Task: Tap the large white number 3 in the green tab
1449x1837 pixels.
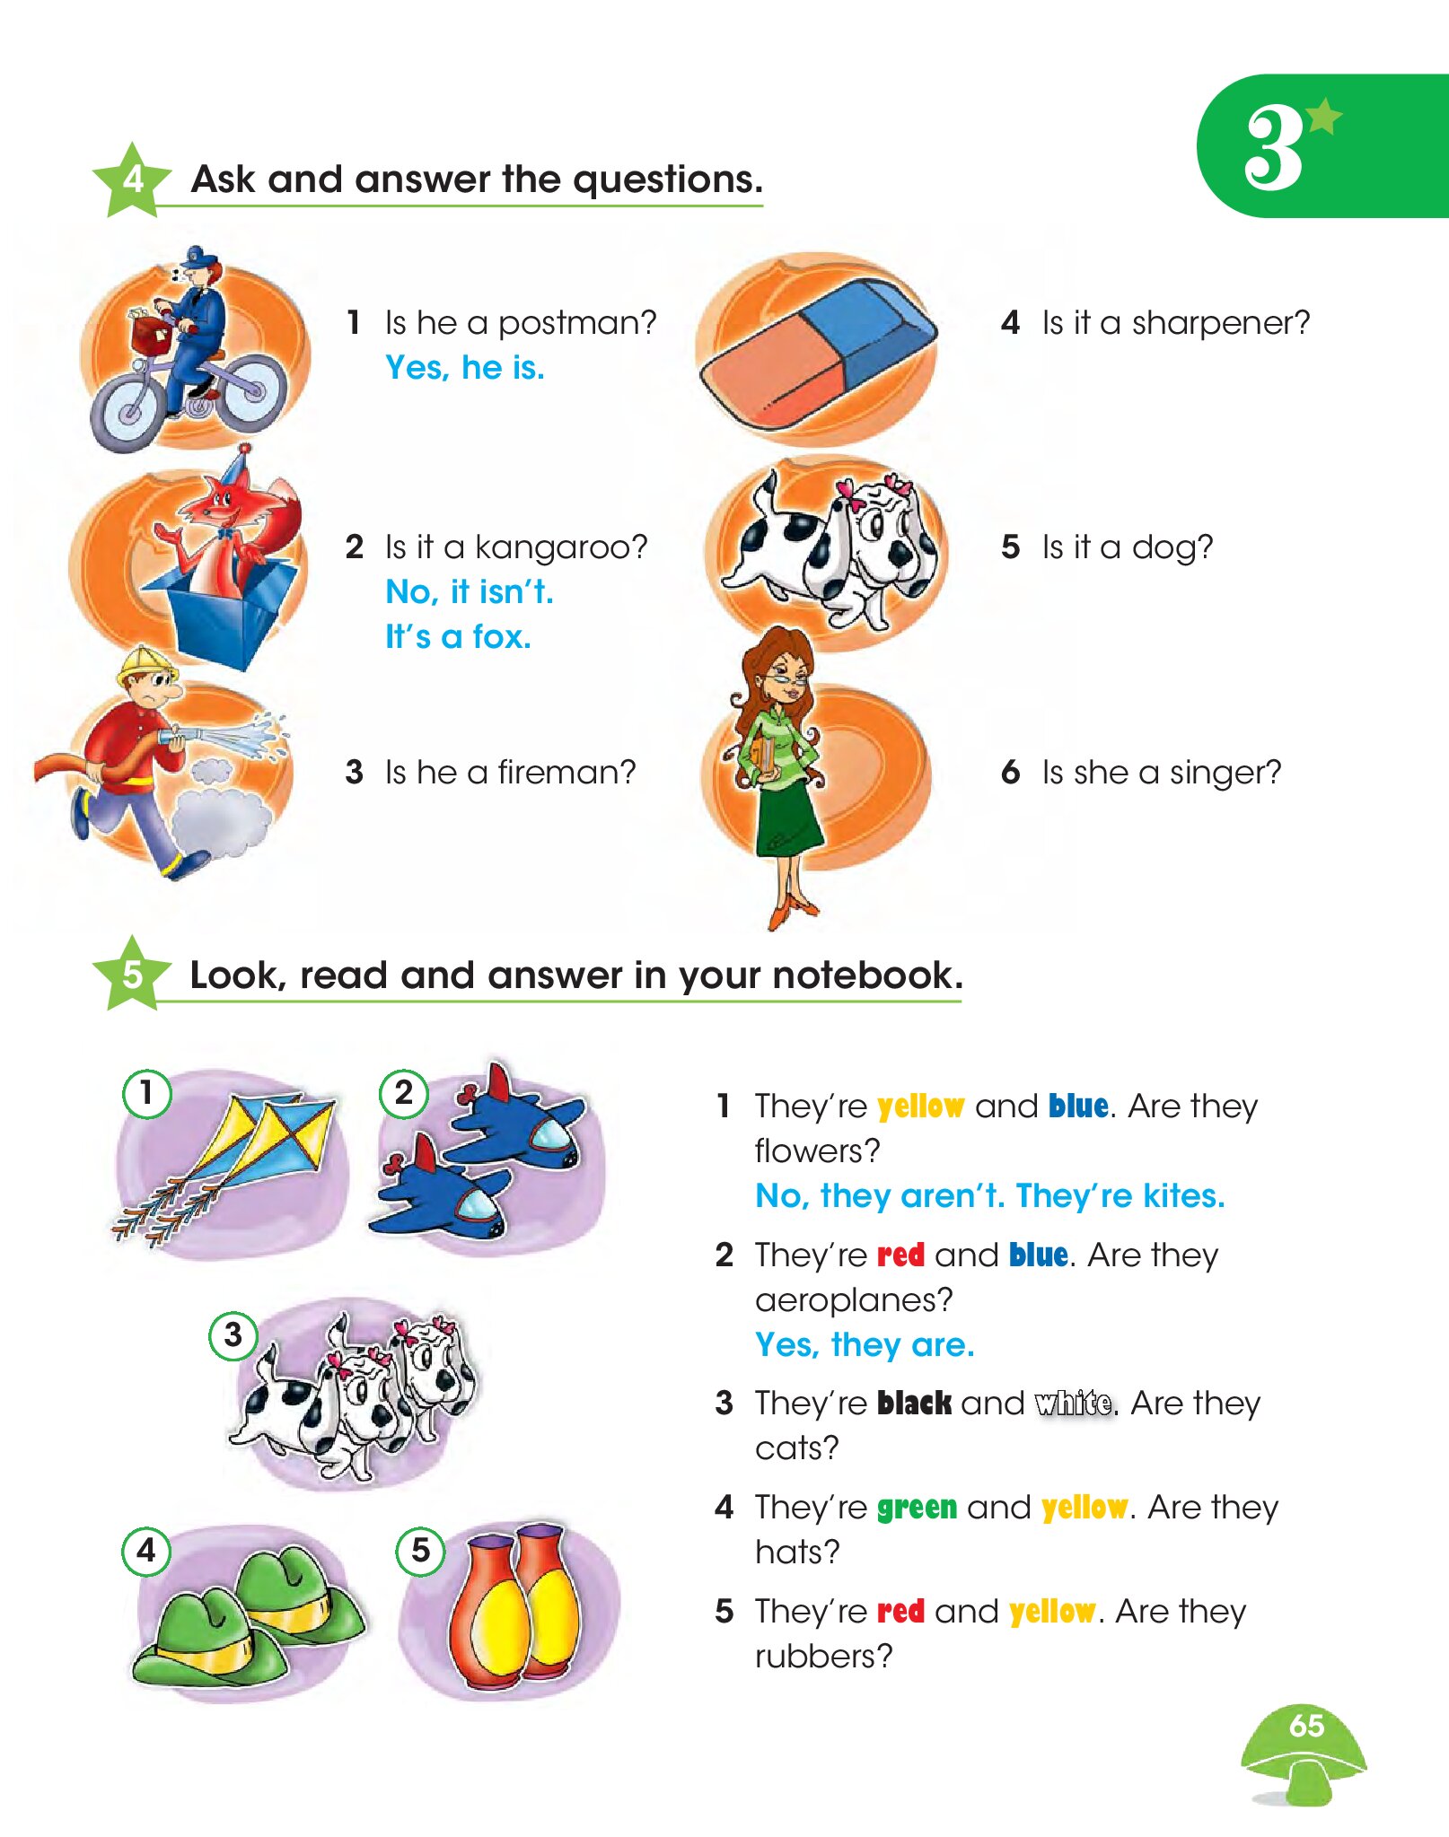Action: click(1274, 148)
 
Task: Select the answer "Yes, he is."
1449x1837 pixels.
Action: click(465, 368)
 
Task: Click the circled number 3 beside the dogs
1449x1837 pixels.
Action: click(233, 1335)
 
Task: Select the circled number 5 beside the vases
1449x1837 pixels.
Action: click(420, 1551)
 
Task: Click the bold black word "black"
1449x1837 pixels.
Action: click(914, 1403)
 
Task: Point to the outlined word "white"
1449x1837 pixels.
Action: click(1075, 1403)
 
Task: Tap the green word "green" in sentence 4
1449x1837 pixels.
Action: click(917, 1508)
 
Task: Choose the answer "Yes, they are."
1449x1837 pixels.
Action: click(865, 1345)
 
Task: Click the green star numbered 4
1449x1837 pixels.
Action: click(132, 179)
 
